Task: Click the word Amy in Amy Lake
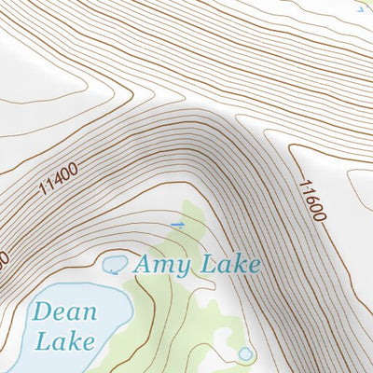[x=161, y=266]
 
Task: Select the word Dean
[x=64, y=311]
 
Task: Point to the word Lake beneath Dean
[x=64, y=339]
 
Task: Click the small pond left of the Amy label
[x=115, y=264]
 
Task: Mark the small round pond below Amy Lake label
[x=244, y=353]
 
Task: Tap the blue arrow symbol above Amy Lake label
[x=177, y=225]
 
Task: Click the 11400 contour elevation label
[x=58, y=179]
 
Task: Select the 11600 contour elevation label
[x=312, y=200]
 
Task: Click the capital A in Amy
[x=145, y=264]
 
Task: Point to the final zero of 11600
[x=320, y=216]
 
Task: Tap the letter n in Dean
[x=88, y=313]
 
